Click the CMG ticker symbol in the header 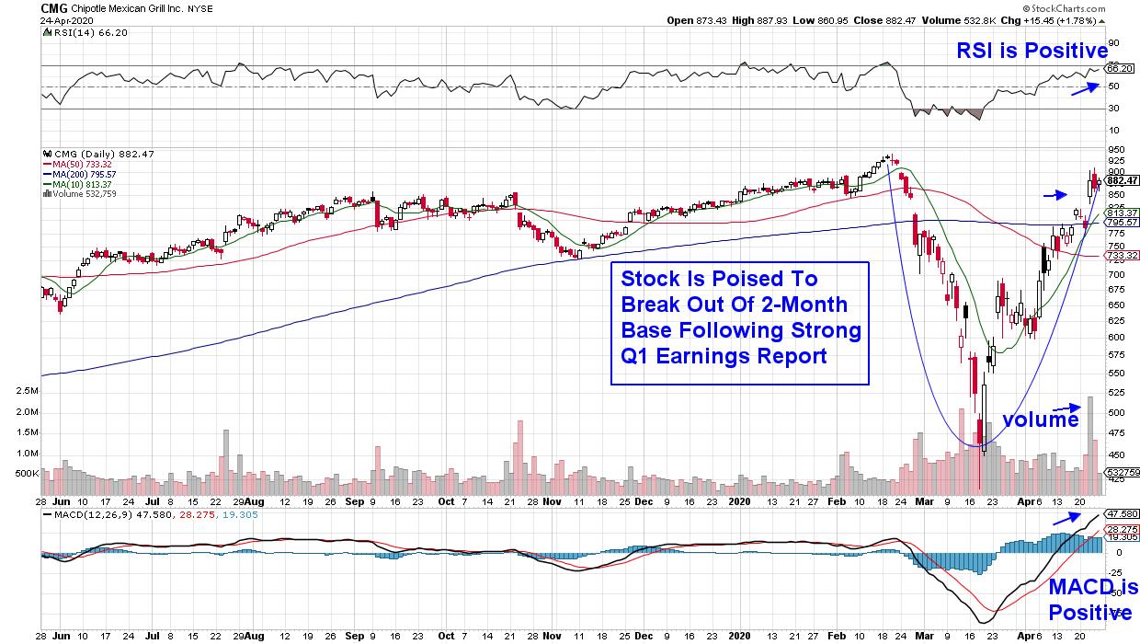click(53, 7)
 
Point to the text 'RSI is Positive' click(1032, 52)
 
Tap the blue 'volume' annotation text click(1040, 420)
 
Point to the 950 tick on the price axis click(1116, 149)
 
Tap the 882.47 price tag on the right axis click(1122, 180)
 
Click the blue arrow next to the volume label click(1066, 407)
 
